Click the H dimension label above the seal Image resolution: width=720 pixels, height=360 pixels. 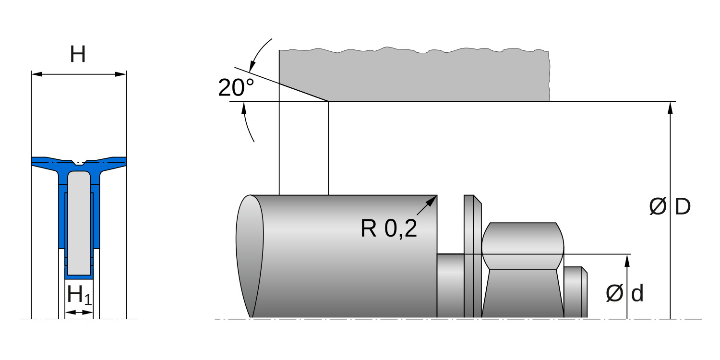[x=78, y=55]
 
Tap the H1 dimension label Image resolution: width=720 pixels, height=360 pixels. [x=79, y=295]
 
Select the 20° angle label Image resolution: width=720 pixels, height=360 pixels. [x=236, y=87]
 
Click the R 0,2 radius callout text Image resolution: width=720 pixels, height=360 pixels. [x=389, y=229]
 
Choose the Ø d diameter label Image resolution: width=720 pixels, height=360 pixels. [x=624, y=293]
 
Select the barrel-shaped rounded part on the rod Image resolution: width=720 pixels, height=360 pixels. [x=523, y=246]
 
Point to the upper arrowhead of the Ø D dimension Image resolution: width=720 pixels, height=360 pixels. [x=670, y=107]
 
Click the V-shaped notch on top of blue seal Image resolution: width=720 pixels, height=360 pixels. [x=79, y=162]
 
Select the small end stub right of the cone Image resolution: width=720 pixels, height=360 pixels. [x=575, y=292]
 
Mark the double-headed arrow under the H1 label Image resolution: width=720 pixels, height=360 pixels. [x=79, y=312]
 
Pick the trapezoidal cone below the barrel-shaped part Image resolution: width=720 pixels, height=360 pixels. [x=523, y=293]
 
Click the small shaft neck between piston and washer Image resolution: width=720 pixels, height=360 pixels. [x=450, y=285]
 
